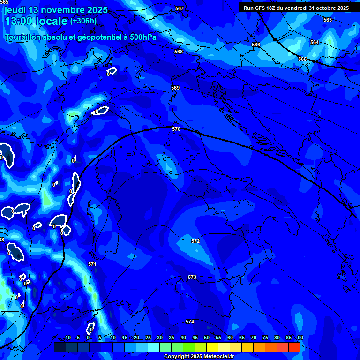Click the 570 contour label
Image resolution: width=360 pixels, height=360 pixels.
point(176,129)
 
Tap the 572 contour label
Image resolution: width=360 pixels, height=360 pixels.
point(195,241)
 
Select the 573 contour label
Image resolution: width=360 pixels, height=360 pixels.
point(192,277)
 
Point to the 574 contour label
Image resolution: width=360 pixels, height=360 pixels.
point(189,322)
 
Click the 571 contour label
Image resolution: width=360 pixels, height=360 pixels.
point(92,264)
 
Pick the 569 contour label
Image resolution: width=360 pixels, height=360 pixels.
point(175,88)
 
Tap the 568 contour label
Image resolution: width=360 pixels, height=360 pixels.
point(178,52)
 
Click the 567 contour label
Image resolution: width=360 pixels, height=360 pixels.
point(180,9)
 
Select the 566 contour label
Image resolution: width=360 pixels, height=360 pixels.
point(256,45)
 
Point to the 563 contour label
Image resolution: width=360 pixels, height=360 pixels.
point(328,20)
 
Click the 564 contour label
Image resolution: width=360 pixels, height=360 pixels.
point(315,42)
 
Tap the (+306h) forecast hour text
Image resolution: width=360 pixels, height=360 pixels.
point(83,21)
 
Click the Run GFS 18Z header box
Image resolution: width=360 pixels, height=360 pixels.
point(296,8)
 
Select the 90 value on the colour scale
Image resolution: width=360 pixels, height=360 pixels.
point(300,338)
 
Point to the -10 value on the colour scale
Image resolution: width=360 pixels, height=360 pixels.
point(67,338)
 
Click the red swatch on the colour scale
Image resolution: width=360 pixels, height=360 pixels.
point(294,347)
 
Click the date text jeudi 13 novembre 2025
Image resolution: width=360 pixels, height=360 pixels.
point(56,10)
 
